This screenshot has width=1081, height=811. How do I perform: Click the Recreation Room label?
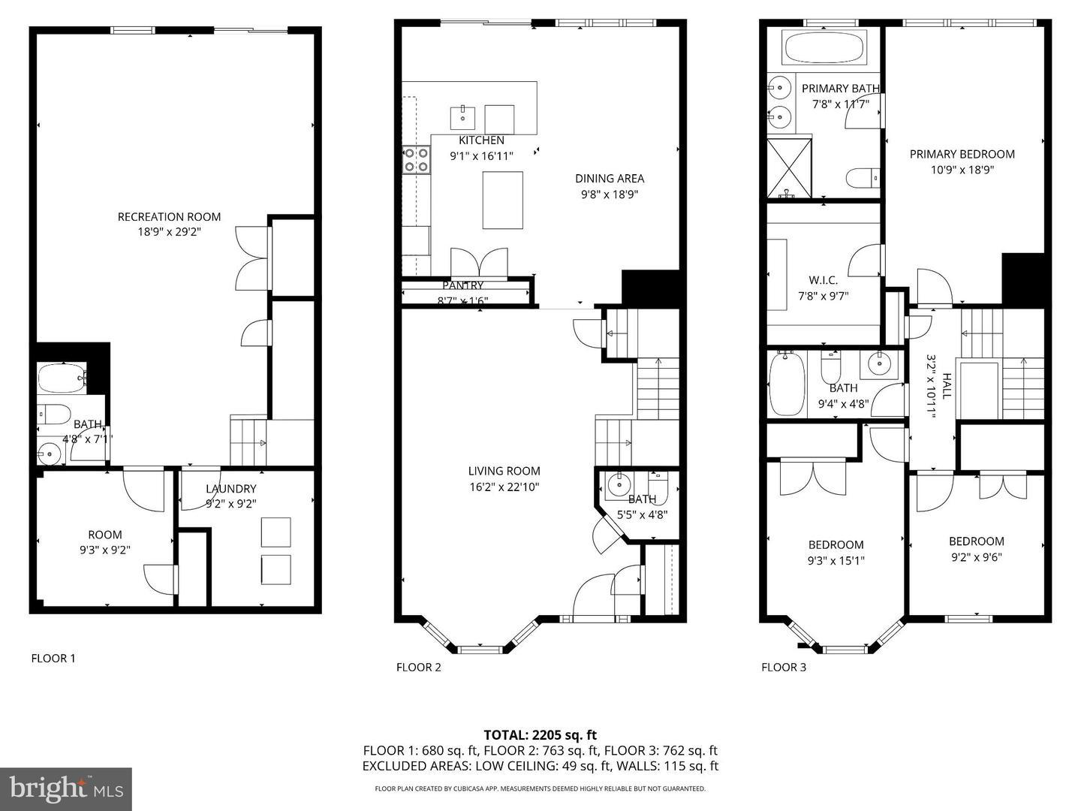click(x=169, y=217)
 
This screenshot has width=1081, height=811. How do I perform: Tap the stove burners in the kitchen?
click(x=416, y=160)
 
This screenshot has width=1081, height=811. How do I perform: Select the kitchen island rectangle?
click(x=502, y=200)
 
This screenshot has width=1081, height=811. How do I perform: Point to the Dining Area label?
click(x=610, y=178)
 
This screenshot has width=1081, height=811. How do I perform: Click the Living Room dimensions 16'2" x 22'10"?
click(x=504, y=487)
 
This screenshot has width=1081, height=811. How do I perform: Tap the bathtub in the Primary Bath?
click(x=824, y=48)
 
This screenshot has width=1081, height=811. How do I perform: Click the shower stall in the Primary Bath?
click(x=789, y=168)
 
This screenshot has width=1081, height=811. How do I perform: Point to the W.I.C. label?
click(x=823, y=280)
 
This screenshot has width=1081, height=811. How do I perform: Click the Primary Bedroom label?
click(x=962, y=154)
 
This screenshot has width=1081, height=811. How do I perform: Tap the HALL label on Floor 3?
click(x=947, y=385)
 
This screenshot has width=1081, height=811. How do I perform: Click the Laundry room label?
click(x=231, y=488)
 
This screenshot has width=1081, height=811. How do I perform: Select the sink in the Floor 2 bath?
click(x=616, y=486)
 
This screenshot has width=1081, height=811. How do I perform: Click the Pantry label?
click(x=462, y=285)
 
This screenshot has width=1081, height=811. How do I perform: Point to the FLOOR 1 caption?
click(x=53, y=659)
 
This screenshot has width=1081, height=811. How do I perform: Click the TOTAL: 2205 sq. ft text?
click(x=540, y=735)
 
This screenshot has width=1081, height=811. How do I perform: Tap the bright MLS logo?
click(x=66, y=789)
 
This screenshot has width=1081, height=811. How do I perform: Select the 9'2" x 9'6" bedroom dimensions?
click(x=976, y=557)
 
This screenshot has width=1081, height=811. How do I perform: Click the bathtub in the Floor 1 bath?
click(x=62, y=378)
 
